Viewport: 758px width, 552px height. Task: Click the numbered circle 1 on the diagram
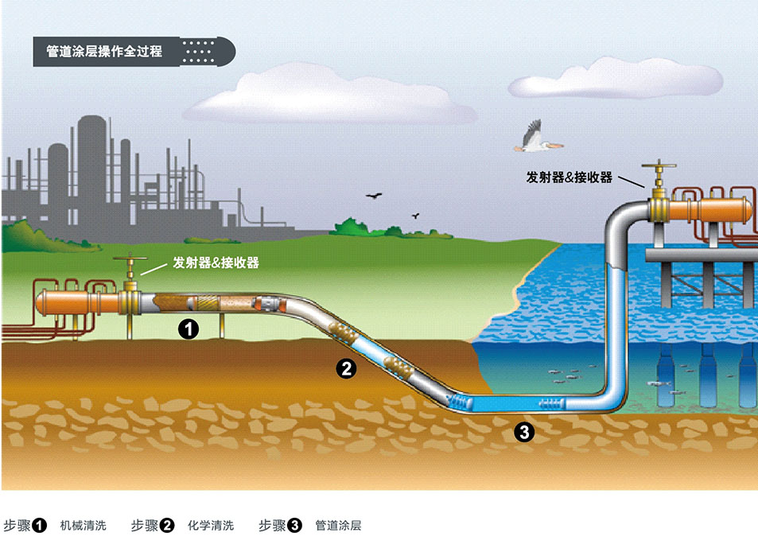188,328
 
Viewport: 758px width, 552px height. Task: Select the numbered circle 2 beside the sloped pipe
345,367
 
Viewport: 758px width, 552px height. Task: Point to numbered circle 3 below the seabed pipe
523,432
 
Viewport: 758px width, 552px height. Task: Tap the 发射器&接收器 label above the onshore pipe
216,262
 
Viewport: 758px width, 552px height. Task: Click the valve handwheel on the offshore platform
658,168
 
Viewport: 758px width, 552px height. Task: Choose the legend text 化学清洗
211,526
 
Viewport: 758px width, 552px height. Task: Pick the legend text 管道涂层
338,526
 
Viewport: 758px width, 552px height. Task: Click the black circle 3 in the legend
294,526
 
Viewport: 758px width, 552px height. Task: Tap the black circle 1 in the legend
40,526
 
